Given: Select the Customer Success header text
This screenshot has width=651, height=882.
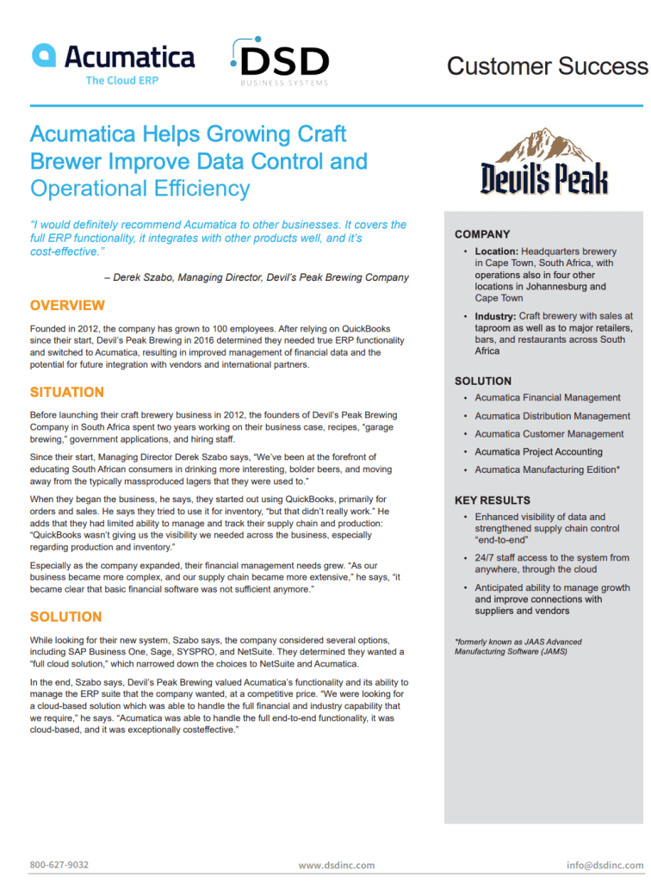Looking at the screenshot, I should (547, 65).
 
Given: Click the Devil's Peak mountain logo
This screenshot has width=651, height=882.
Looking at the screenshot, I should (544, 161).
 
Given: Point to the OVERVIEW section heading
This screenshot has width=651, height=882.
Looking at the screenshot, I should (67, 306).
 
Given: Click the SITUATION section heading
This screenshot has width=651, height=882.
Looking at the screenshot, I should (66, 392).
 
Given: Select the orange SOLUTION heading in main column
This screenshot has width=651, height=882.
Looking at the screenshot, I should (65, 617).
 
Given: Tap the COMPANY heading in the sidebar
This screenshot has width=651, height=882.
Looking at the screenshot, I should (482, 234).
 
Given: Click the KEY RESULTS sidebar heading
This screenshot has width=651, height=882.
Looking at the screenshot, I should (493, 500).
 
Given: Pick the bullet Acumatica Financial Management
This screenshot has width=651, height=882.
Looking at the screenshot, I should (547, 398).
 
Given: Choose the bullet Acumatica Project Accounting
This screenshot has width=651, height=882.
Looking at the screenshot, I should (538, 451).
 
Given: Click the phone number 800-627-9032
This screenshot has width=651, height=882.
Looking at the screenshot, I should (59, 865).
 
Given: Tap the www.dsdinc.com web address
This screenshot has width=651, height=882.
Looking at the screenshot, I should (337, 865).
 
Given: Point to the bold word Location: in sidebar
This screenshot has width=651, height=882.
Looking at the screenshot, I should (496, 252).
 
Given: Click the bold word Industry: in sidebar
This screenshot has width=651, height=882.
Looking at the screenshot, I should (495, 317).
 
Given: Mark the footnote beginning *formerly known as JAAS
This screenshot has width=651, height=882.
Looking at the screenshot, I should (518, 646).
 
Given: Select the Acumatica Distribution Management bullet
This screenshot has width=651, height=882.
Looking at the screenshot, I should (552, 416).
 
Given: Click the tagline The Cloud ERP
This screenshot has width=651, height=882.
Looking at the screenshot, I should (121, 80).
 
